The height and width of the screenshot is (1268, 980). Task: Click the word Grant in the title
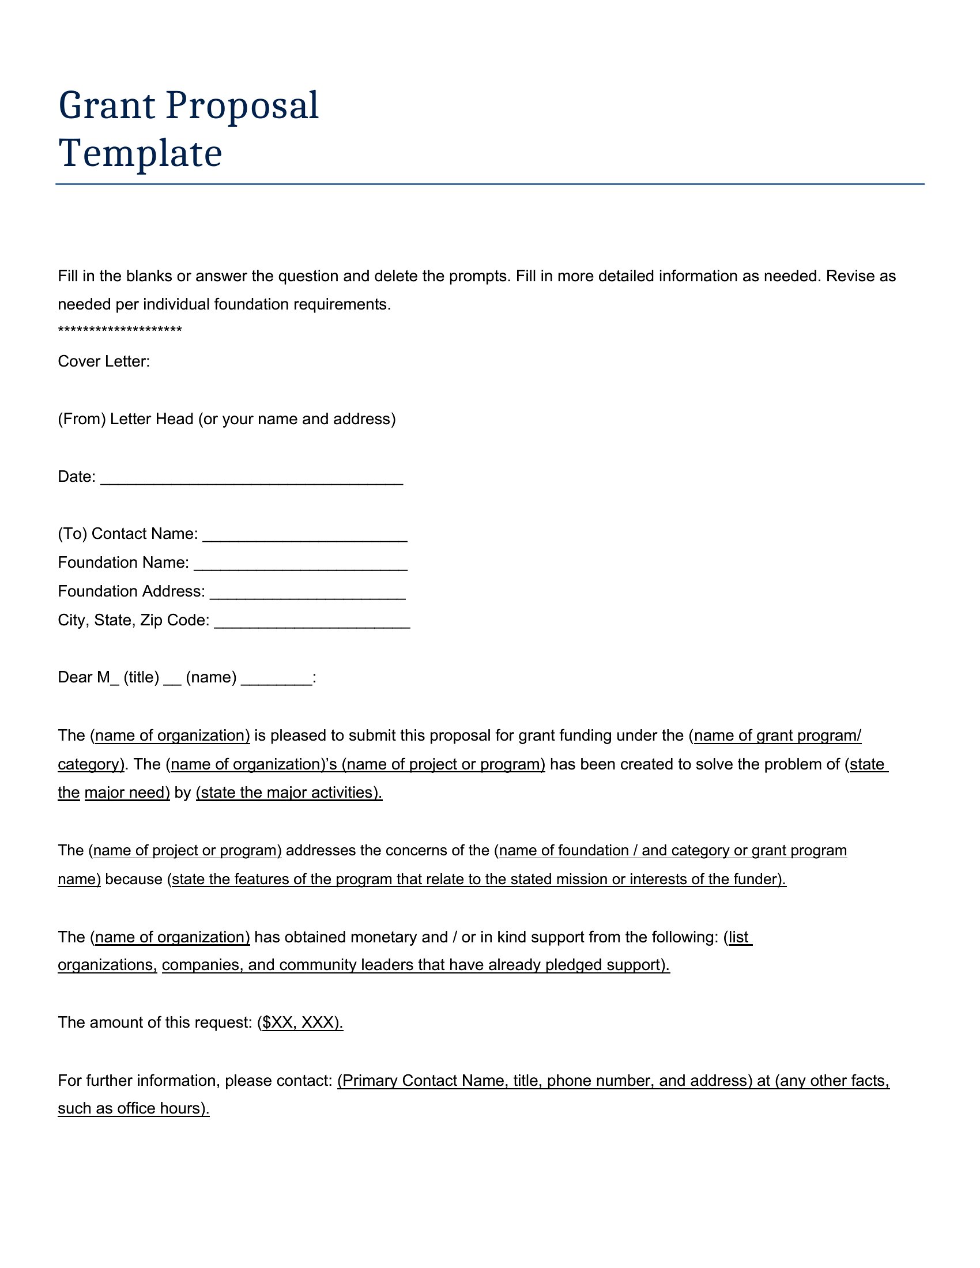coord(107,106)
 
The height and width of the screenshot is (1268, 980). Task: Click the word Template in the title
coord(140,154)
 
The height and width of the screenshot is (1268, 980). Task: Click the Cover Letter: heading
coord(104,362)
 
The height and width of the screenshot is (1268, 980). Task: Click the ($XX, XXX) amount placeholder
coord(300,1022)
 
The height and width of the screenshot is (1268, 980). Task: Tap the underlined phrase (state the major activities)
coord(289,793)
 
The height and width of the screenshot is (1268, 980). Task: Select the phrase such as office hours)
coord(134,1108)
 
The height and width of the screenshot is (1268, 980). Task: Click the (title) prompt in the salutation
coord(141,678)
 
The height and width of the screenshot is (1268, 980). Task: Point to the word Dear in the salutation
coord(74,678)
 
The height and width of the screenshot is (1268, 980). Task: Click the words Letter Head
coord(152,419)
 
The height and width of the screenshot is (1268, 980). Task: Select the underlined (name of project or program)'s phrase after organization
coord(443,764)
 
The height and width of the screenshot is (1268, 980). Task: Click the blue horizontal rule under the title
coord(489,184)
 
